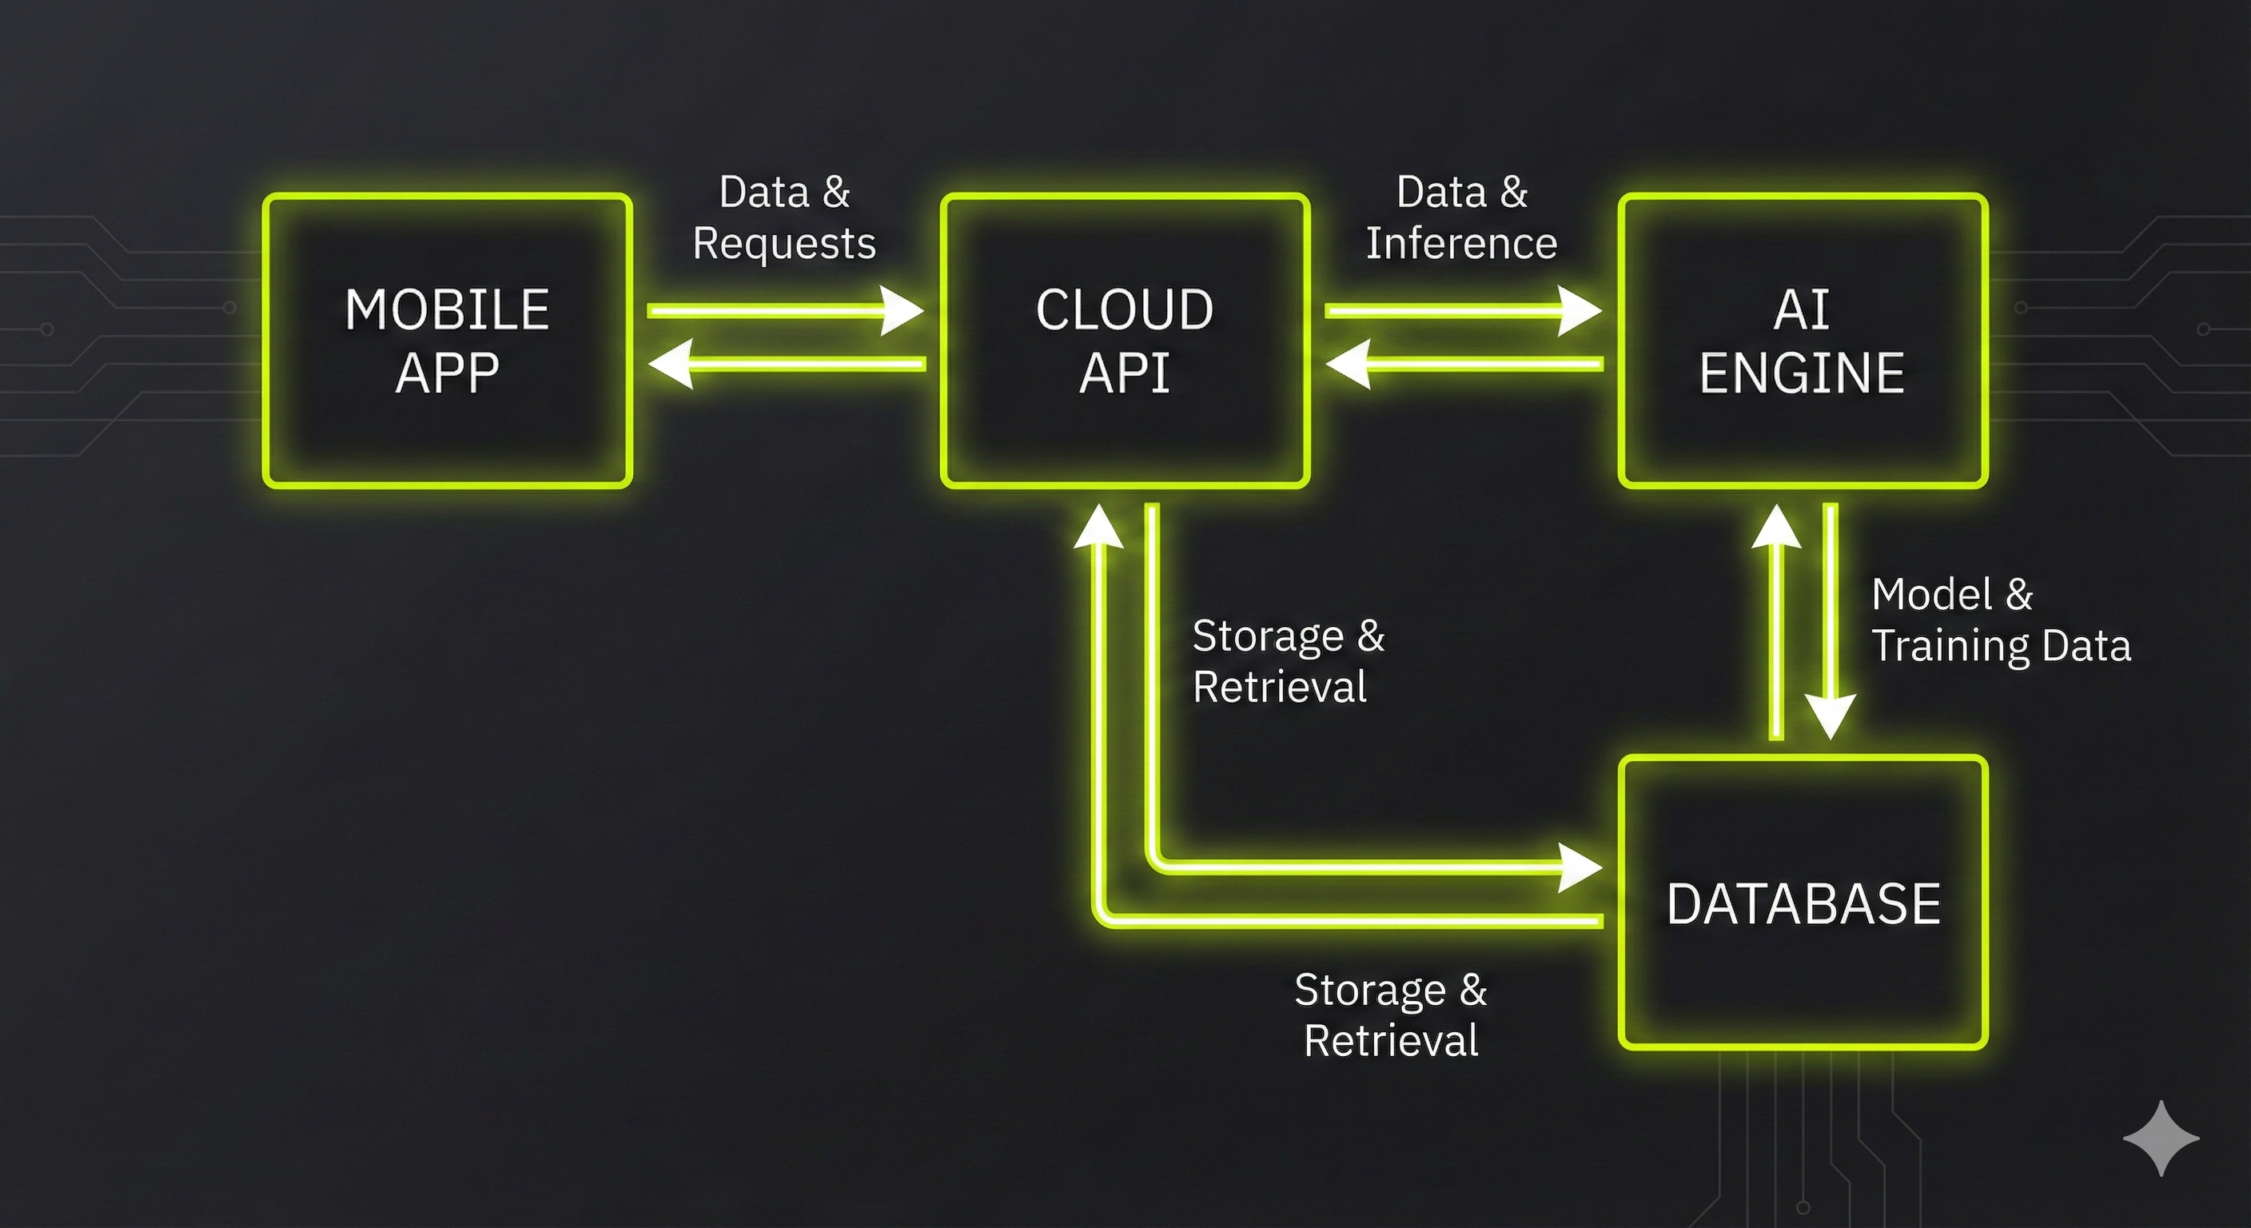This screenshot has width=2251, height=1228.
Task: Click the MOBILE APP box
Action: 448,340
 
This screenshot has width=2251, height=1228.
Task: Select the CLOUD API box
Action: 1125,340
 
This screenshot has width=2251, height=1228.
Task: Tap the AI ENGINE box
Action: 1803,340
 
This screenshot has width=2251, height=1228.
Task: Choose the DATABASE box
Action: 1803,903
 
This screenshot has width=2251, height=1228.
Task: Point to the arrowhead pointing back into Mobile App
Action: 670,364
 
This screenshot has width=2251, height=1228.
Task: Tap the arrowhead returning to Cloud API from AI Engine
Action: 1348,364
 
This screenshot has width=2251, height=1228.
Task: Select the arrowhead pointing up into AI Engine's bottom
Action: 1775,526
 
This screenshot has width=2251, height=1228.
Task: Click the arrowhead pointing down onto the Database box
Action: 1831,716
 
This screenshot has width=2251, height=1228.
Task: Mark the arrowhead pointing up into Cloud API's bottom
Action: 1098,526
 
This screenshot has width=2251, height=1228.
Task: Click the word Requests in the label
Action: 784,243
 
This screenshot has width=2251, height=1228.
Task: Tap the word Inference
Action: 1461,243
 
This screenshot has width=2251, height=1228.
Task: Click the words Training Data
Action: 2001,646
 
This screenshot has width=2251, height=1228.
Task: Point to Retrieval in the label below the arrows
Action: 1391,1041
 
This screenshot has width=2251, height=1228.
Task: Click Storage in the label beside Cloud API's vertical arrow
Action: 1268,636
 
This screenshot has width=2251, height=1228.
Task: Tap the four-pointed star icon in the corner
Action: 2160,1138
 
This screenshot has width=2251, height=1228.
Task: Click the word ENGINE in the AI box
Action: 1802,373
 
